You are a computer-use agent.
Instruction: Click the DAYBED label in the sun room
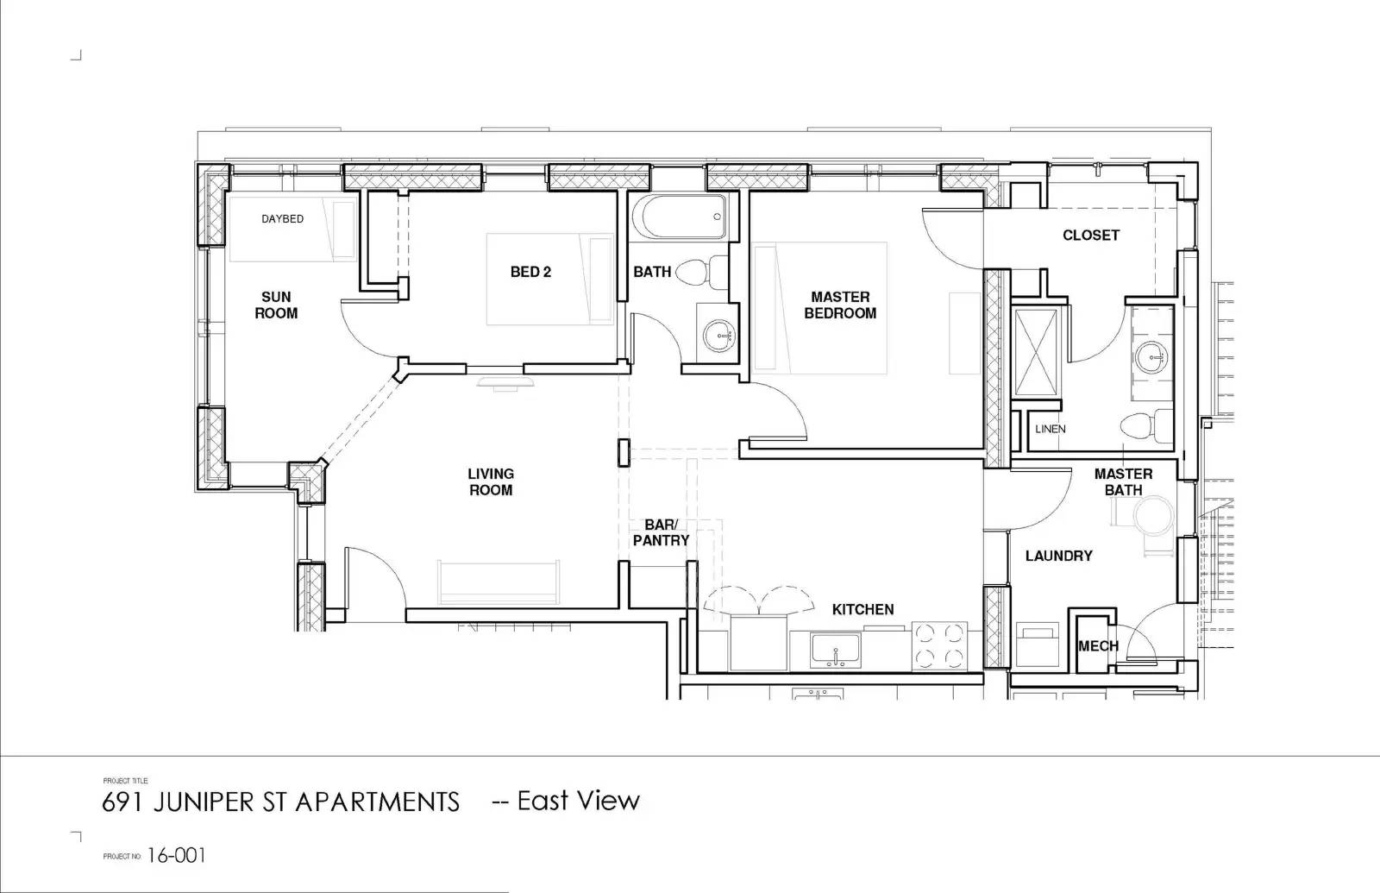[x=282, y=219]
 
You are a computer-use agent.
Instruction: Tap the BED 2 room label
[x=530, y=272]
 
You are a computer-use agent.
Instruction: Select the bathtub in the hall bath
[x=683, y=217]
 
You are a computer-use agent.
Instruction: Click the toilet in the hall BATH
[x=701, y=272]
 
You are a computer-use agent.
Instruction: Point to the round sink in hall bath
[x=718, y=336]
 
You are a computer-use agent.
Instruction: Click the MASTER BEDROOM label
[x=840, y=305]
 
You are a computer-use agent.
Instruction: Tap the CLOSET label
[x=1090, y=235]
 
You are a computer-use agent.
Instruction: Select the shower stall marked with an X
[x=1036, y=352]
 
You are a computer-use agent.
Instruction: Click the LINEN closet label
[x=1051, y=429]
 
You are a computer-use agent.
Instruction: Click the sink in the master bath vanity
[x=1151, y=358]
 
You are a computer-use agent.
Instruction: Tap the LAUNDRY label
[x=1058, y=556]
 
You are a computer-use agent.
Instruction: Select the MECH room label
[x=1098, y=646]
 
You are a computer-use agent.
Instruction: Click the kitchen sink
[x=836, y=651]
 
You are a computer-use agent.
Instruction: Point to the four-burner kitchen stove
[x=939, y=646]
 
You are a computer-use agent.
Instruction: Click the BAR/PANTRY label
[x=661, y=532]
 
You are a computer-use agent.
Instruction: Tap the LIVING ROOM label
[x=491, y=482]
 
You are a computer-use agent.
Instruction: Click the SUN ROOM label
[x=276, y=305]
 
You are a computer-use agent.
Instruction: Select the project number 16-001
[x=176, y=855]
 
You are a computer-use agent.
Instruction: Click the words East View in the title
[x=579, y=801]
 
